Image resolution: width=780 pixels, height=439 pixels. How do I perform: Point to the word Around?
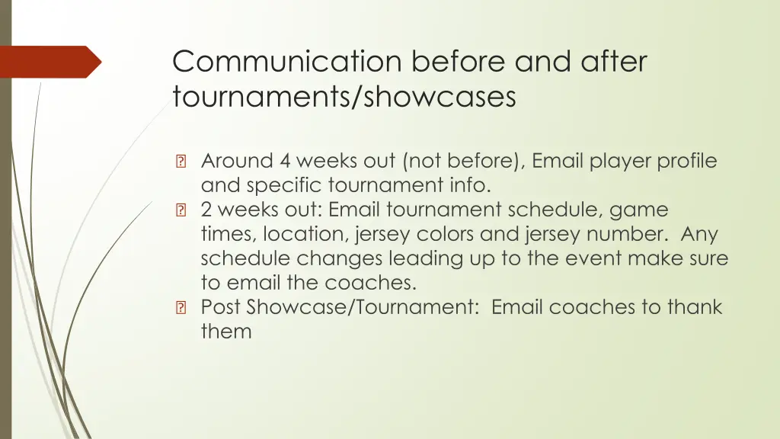tap(237, 161)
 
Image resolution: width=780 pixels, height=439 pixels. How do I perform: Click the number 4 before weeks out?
tap(285, 161)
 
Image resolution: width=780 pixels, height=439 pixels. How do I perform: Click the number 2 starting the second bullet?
tap(206, 210)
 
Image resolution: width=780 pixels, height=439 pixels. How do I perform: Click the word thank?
tap(694, 307)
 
